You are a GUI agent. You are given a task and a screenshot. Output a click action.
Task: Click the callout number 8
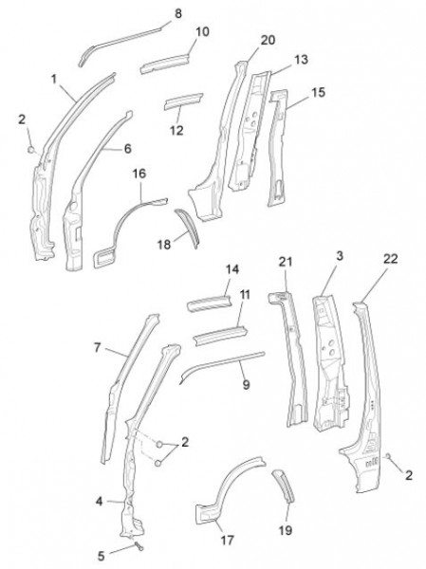[178, 14]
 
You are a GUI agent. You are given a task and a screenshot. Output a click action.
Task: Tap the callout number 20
[268, 40]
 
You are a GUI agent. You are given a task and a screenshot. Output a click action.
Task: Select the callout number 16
[139, 174]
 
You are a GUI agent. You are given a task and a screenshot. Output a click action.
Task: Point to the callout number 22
[390, 259]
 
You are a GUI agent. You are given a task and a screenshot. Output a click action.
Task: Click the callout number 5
[102, 556]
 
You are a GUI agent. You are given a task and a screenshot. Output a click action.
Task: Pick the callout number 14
[232, 269]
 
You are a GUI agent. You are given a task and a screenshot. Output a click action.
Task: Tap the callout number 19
[286, 530]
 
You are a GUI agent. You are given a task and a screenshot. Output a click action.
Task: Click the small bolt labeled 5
[139, 546]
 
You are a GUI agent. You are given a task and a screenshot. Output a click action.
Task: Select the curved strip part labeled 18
[188, 228]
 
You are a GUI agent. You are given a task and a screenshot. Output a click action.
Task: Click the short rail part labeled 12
[183, 101]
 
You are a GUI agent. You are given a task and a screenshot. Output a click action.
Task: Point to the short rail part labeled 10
[166, 64]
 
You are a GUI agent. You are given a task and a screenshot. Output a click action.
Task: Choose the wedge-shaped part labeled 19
[284, 486]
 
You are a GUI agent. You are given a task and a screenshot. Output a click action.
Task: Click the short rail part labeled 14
[209, 303]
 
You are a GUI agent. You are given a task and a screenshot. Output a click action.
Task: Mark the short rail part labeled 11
[221, 336]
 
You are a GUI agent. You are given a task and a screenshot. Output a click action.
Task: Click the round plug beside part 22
[388, 456]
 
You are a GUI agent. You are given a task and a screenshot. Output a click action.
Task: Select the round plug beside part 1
[31, 149]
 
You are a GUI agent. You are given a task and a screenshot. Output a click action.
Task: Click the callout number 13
[301, 60]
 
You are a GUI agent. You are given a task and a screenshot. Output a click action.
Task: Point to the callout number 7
[97, 348]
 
